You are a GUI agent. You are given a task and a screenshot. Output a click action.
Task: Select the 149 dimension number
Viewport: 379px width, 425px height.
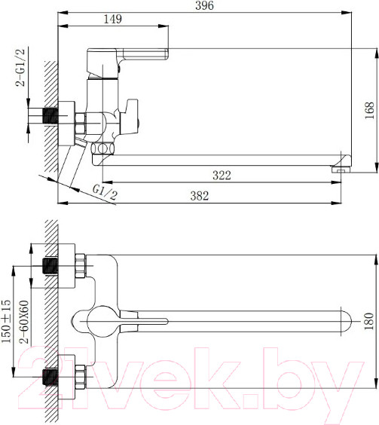tap(112, 20)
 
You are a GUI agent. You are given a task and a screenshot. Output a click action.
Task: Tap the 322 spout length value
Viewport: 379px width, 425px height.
tap(221, 176)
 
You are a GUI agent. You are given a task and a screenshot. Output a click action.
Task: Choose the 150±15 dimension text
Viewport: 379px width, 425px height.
tap(7, 321)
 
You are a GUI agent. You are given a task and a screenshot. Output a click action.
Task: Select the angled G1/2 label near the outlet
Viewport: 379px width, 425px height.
tap(105, 194)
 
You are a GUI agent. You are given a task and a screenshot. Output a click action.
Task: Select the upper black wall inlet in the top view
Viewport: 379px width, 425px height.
tap(50, 267)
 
